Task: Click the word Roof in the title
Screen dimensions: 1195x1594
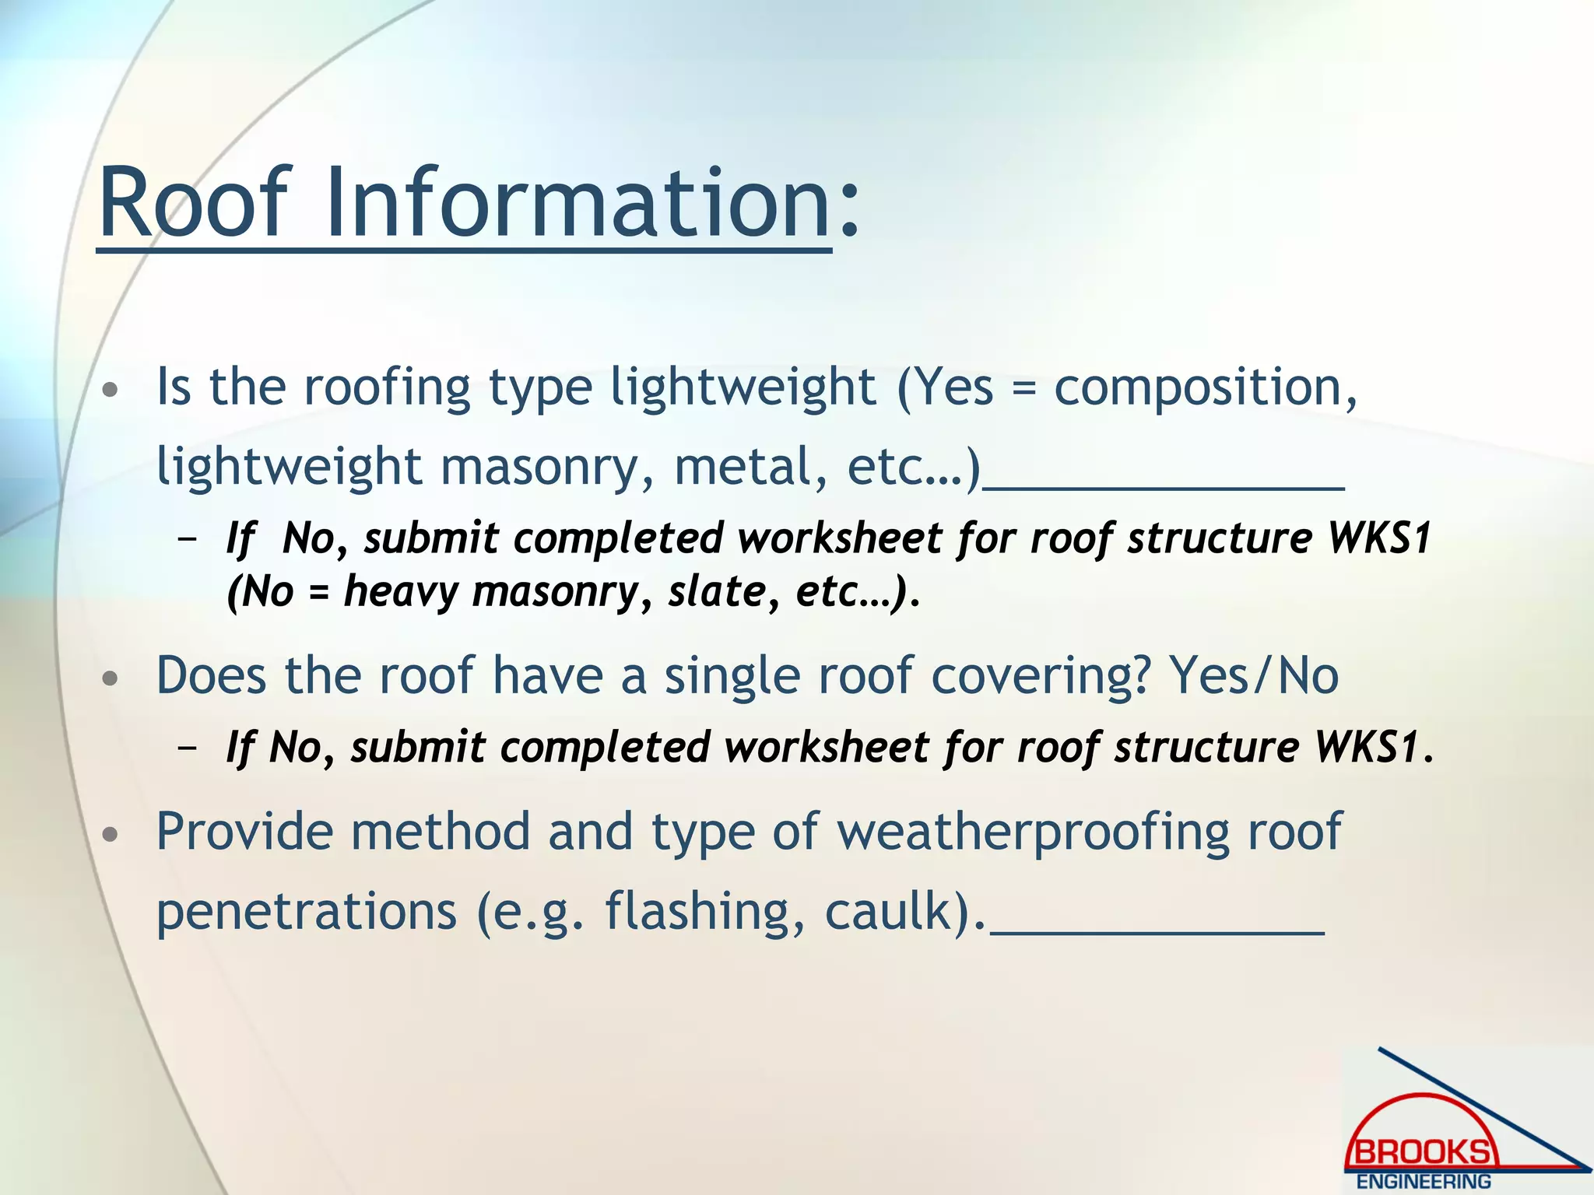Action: pyautogui.click(x=195, y=204)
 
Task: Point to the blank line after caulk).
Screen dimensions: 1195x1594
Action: pyautogui.click(x=1157, y=930)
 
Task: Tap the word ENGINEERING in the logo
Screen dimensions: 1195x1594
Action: pyautogui.click(x=1424, y=1182)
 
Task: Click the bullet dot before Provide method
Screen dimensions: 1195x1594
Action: pyautogui.click(x=111, y=835)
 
